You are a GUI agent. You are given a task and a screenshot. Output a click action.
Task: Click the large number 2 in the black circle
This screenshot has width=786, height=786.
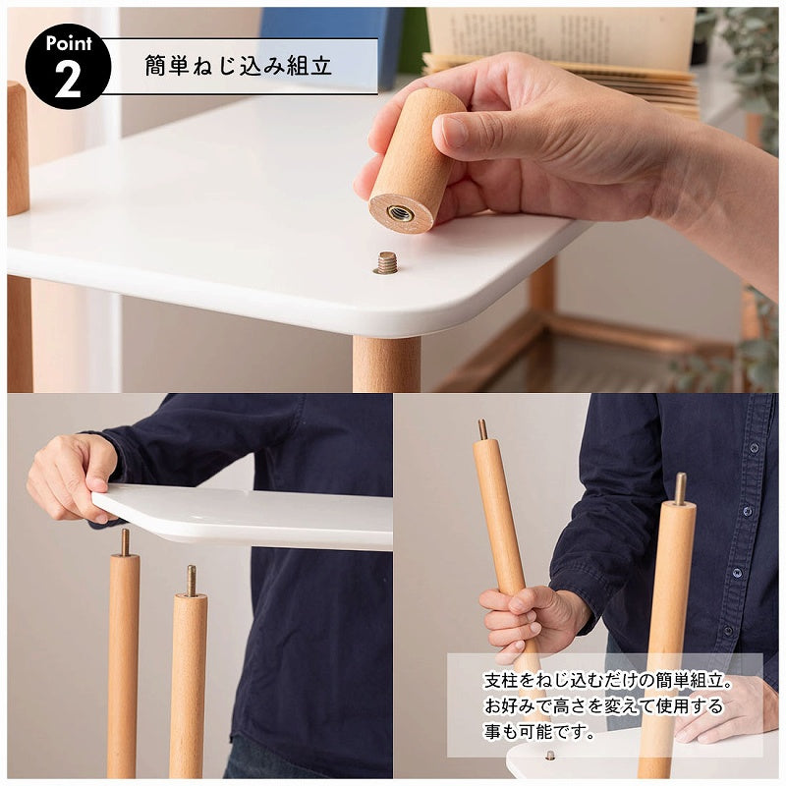tap(67, 80)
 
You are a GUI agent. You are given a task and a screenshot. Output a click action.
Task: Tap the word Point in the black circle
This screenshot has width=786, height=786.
tap(68, 44)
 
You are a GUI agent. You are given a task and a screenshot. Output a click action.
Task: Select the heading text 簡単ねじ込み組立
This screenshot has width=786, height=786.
tap(238, 66)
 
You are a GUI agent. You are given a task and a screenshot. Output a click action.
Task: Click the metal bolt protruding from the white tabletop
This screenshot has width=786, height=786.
tap(386, 262)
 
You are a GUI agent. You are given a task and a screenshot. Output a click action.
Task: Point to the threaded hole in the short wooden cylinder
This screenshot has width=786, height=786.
tap(400, 212)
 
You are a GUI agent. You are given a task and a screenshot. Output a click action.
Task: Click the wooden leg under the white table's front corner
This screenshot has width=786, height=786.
tap(386, 364)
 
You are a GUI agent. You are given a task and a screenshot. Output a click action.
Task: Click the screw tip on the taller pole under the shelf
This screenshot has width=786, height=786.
tap(125, 541)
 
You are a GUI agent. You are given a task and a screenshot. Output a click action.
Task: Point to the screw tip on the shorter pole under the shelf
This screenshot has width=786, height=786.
tap(191, 580)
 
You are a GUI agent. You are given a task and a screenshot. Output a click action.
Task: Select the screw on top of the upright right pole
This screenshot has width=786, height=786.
tap(680, 487)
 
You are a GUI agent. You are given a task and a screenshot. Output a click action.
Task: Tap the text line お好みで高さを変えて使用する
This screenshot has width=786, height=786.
tap(603, 705)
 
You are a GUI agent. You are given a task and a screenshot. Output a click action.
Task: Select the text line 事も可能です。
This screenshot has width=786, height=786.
tap(539, 731)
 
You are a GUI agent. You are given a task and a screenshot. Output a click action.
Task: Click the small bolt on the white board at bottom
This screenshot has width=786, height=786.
tap(549, 756)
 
